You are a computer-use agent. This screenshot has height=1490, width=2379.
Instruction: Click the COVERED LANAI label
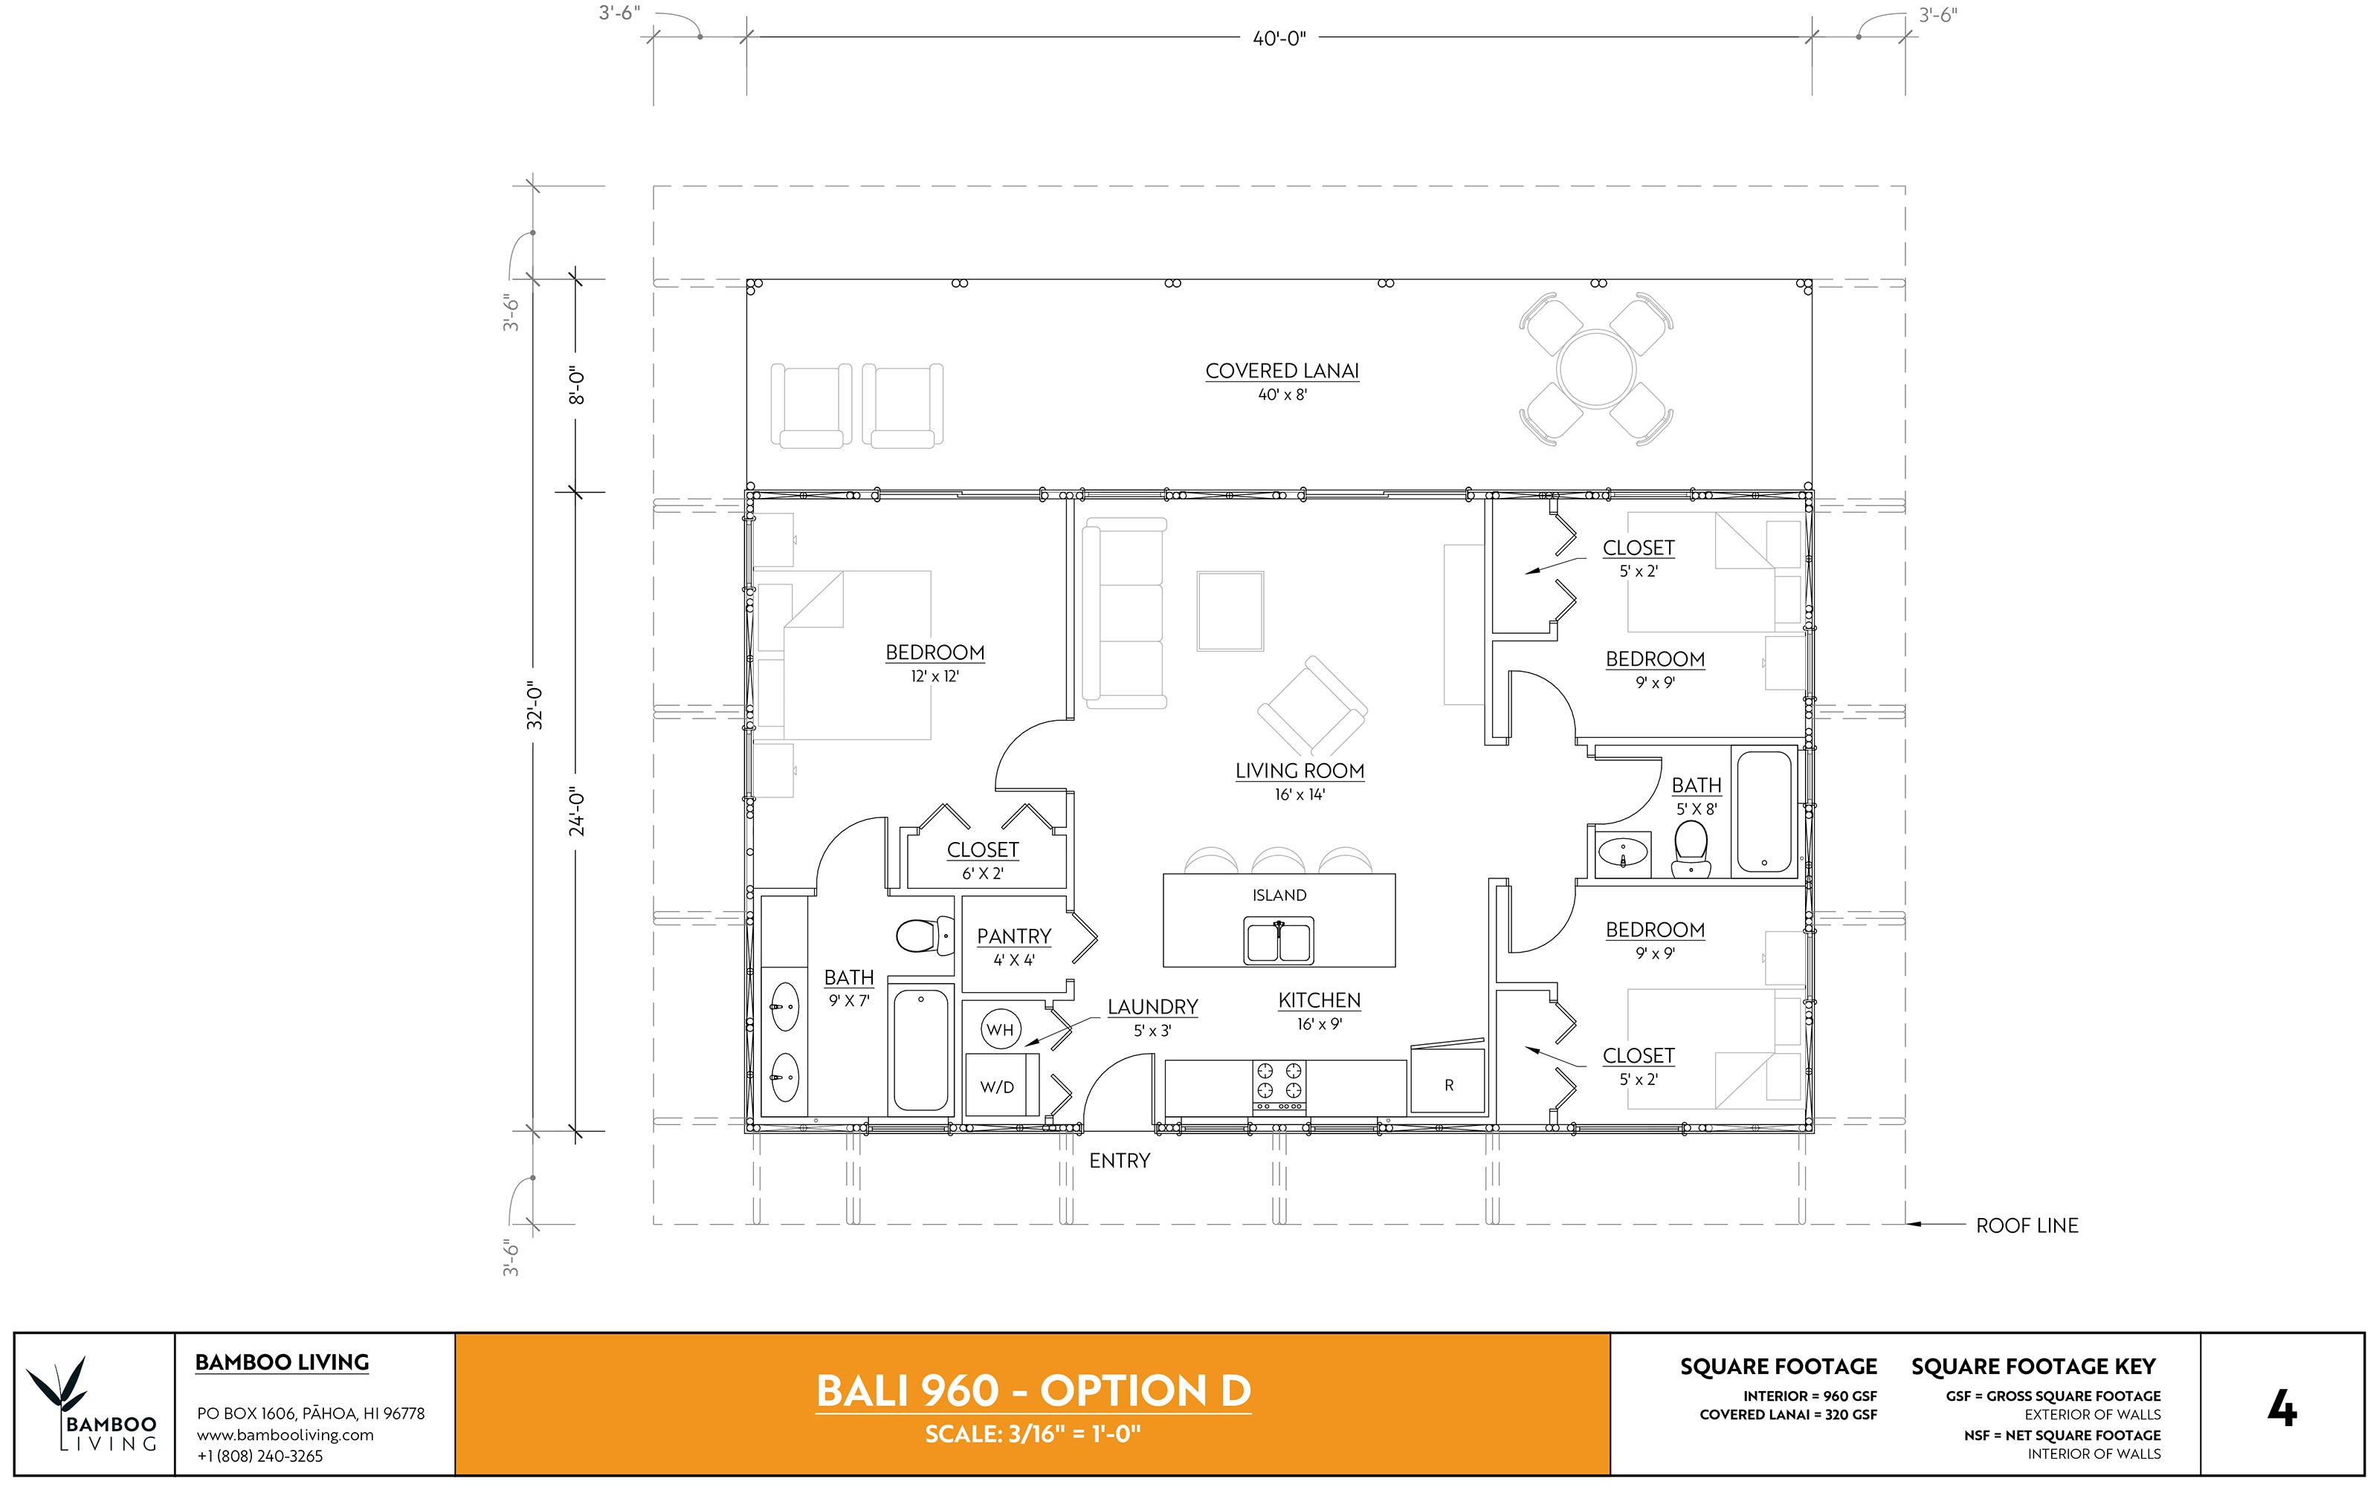1282,372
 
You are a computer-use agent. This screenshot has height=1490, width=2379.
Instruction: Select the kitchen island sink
1279,941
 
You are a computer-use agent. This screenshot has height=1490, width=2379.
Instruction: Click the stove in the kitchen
1279,1086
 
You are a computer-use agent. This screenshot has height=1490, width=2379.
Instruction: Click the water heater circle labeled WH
1000,1030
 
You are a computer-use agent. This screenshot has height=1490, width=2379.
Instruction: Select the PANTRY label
1013,936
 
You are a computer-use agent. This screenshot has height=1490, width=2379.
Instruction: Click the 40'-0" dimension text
1279,39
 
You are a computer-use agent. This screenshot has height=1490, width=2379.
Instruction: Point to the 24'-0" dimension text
578,811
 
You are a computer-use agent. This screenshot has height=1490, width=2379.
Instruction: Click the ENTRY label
1119,1161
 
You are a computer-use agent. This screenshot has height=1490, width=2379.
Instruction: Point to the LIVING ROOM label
1300,771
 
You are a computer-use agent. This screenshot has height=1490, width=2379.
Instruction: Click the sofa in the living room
1124,613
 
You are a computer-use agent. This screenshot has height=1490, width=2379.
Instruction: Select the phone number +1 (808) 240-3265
260,1456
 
